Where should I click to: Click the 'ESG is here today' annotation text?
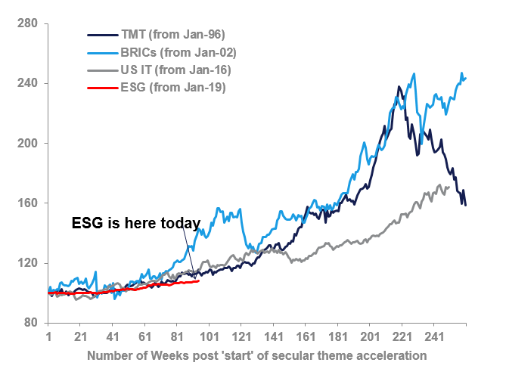point(135,224)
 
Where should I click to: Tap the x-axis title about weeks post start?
point(256,355)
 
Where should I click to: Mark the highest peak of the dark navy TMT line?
point(399,87)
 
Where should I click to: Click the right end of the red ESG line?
point(198,281)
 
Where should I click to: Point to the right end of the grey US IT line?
point(450,187)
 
